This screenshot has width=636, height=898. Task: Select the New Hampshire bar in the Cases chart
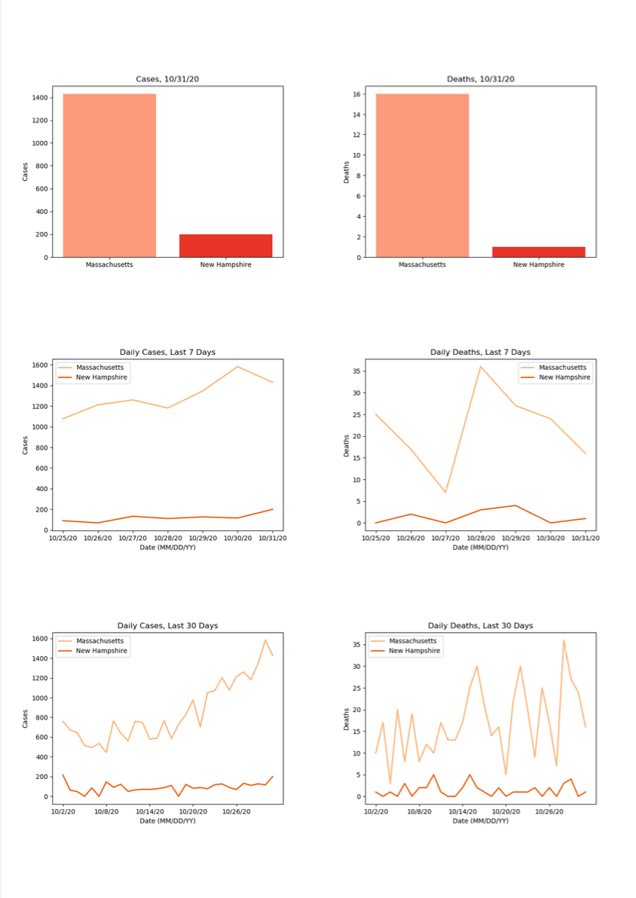tap(226, 246)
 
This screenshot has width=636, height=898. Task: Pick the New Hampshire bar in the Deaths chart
tap(539, 252)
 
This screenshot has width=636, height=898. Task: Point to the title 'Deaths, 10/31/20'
tap(480, 79)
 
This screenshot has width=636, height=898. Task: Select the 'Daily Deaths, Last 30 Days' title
tap(480, 625)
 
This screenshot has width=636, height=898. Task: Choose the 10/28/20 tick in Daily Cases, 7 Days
tap(167, 539)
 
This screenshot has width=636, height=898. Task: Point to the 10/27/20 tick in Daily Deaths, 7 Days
tap(445, 539)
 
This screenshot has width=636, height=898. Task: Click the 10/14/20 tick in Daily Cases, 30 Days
tap(150, 812)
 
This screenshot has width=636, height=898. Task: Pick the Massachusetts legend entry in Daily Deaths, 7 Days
tap(563, 367)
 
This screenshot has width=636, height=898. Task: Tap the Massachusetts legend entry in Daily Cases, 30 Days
tap(100, 640)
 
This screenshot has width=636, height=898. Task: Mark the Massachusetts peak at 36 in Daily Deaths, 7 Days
tap(481, 367)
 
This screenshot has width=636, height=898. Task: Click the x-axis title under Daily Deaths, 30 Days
tap(480, 820)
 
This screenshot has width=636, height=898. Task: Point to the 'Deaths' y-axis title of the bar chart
tap(347, 172)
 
